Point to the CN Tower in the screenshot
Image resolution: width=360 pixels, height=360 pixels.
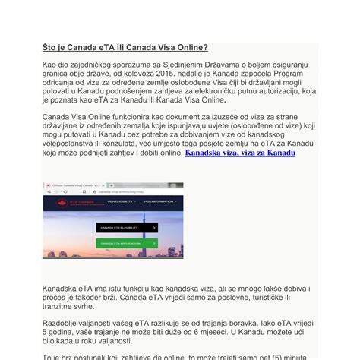pos(163,220)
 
